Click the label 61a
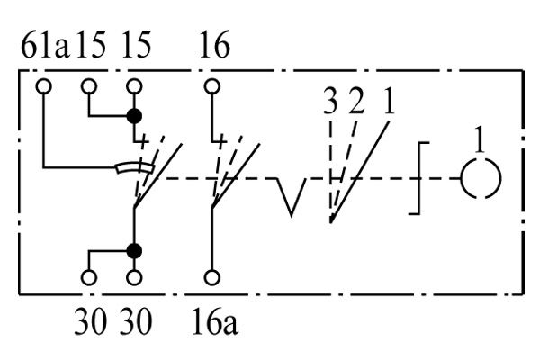[45, 45]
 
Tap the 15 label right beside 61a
[91, 45]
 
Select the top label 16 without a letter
[214, 45]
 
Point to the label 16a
[215, 321]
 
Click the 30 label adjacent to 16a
[136, 321]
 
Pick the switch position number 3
[330, 102]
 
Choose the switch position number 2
[356, 102]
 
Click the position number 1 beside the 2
[389, 102]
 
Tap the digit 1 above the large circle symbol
[480, 139]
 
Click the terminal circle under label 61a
[44, 86]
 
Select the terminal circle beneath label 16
[212, 86]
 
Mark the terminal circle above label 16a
[212, 277]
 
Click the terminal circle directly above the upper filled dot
[134, 86]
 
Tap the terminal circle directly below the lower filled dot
[134, 277]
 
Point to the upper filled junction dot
[134, 116]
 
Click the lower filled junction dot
[134, 251]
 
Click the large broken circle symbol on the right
[462, 178]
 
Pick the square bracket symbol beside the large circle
[419, 178]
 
